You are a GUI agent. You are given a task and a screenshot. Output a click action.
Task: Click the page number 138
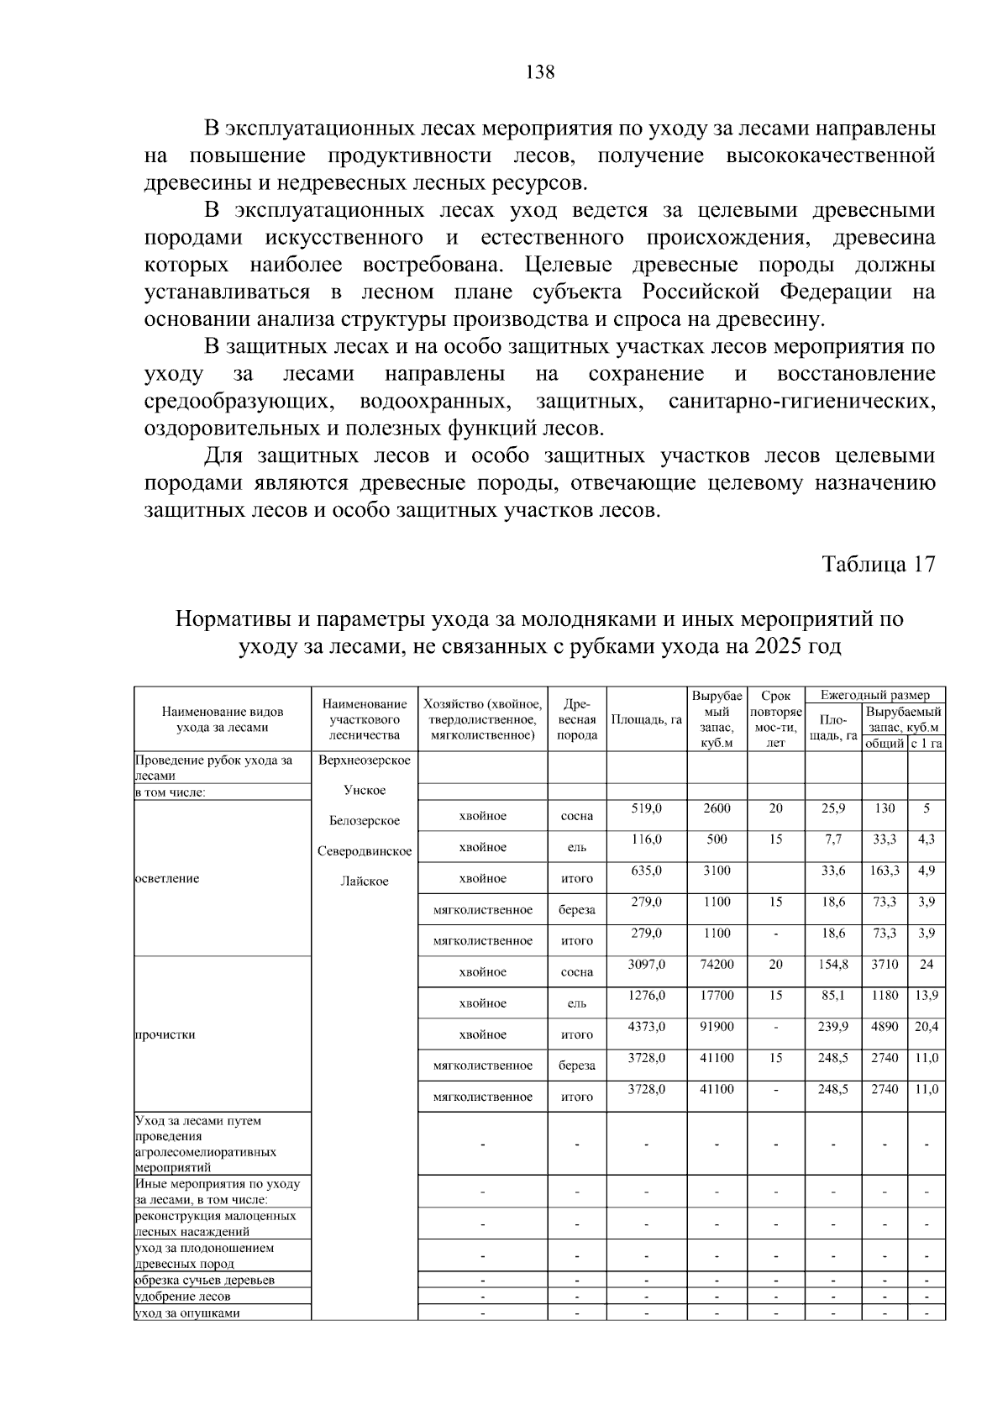[x=539, y=72]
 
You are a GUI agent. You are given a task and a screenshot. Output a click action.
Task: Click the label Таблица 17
[x=879, y=564]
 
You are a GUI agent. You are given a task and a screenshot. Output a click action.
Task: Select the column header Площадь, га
[x=646, y=720]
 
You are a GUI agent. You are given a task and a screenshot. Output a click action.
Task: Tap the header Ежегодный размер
[x=875, y=695]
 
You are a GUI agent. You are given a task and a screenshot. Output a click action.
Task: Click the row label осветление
[x=168, y=878]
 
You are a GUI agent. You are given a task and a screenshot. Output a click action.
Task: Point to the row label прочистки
[x=165, y=1034]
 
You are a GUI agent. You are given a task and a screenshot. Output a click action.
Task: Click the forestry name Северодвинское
[x=365, y=851]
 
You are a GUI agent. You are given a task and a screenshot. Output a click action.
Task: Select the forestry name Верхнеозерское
[x=365, y=760]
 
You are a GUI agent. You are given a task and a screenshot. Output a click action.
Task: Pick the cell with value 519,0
[x=647, y=808]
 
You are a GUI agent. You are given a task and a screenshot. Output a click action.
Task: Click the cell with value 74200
[x=717, y=965]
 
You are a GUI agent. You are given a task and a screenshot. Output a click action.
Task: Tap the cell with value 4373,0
[x=647, y=1027]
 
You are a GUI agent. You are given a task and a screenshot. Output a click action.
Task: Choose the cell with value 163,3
[x=884, y=871]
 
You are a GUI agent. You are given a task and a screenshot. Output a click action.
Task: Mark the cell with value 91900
[x=717, y=1027]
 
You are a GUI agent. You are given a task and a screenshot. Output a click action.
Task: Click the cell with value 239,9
[x=833, y=1027]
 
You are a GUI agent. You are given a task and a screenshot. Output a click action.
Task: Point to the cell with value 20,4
[x=927, y=1027]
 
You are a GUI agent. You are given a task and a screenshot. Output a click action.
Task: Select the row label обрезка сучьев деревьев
[x=205, y=1280]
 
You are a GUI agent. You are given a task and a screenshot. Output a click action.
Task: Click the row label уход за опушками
[x=187, y=1313]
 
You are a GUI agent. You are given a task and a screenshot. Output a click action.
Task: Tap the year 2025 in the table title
[x=779, y=647]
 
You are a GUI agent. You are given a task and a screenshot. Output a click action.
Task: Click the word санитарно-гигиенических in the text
[x=801, y=402]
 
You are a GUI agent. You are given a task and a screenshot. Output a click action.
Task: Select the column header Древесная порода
[x=577, y=720]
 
